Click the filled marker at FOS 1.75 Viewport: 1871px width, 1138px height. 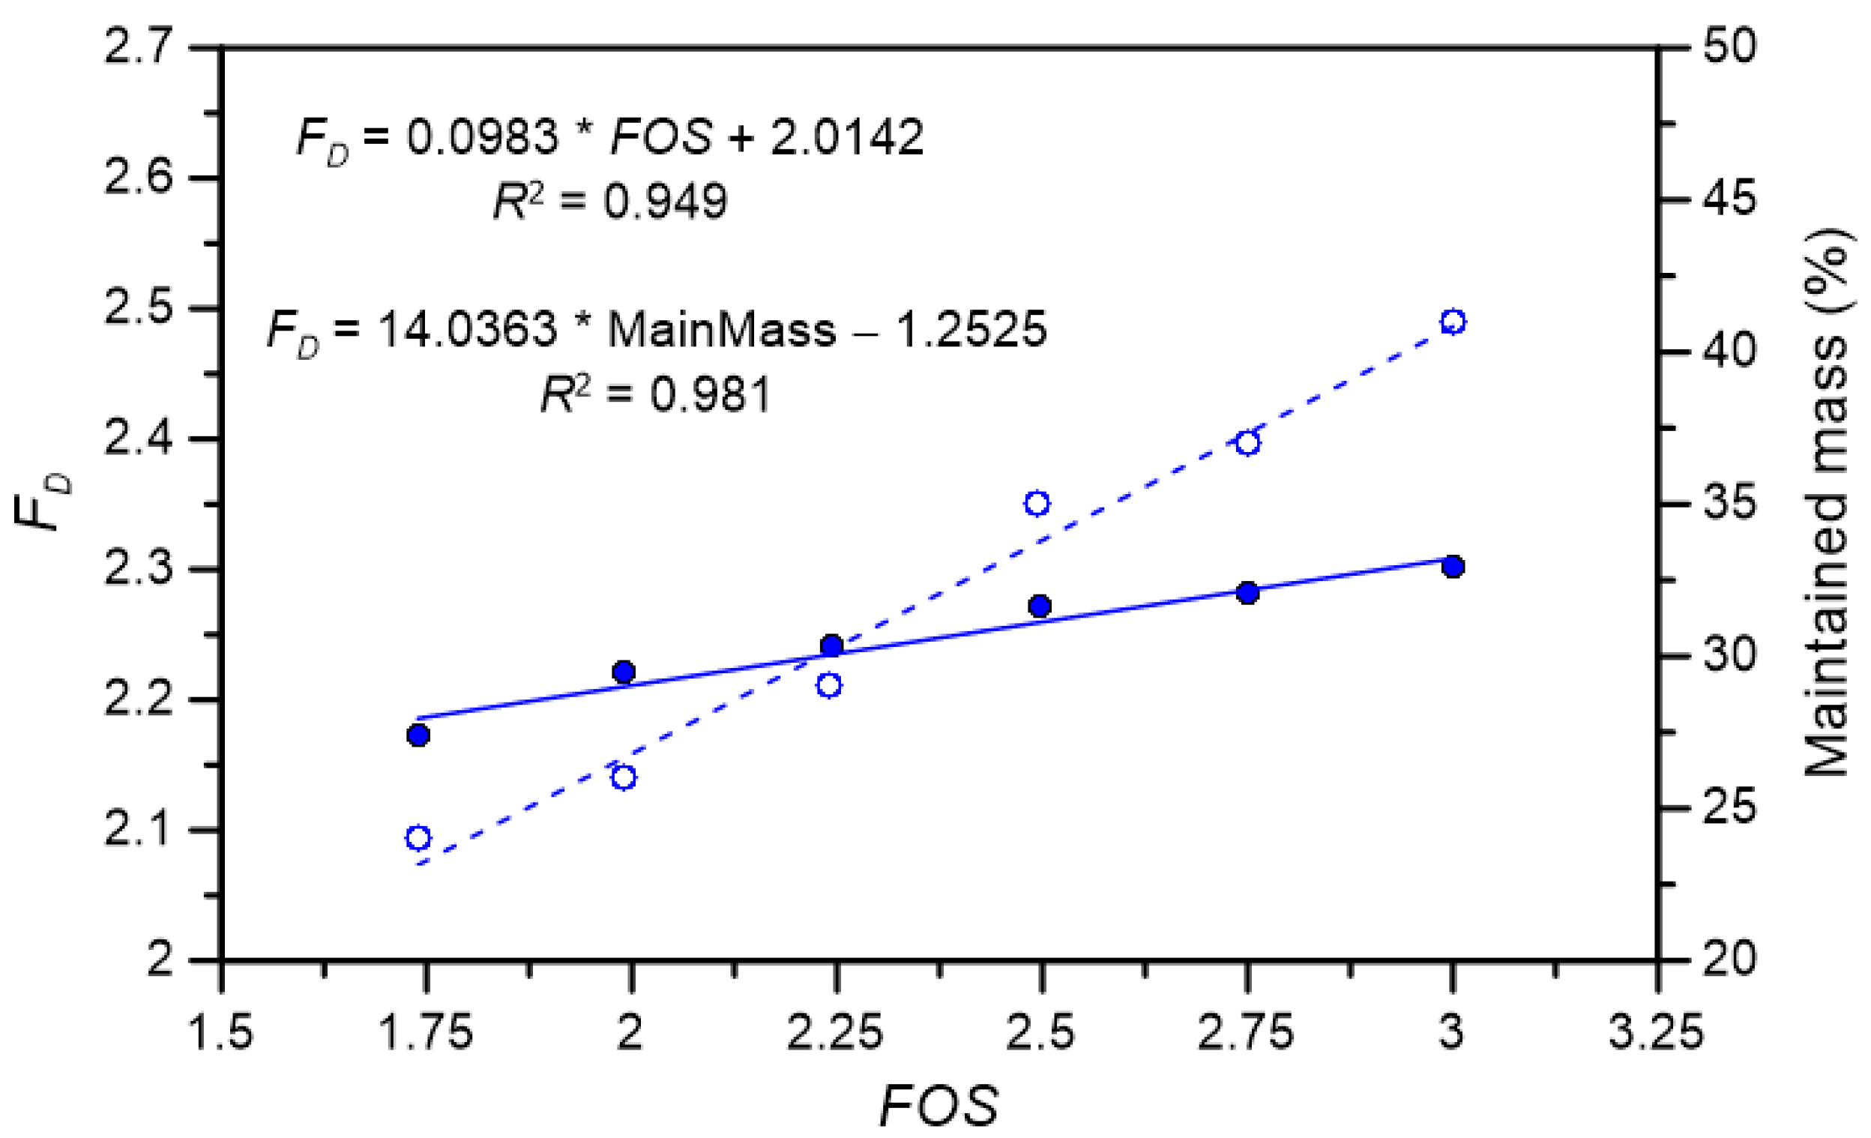tap(418, 735)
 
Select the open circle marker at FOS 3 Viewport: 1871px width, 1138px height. tap(1453, 322)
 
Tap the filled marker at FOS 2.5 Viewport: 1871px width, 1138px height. tap(1040, 606)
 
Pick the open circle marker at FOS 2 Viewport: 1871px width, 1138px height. tap(624, 777)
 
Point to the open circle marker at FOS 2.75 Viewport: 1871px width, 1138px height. tap(1247, 443)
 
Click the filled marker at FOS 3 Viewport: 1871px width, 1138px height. tap(1453, 566)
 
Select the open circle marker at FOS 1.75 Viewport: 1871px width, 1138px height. tap(418, 838)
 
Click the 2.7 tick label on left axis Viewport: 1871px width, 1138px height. tap(137, 46)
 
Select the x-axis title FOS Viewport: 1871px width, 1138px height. tap(939, 1105)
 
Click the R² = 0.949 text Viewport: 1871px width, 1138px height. tap(609, 202)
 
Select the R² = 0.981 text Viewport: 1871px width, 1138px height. tap(655, 395)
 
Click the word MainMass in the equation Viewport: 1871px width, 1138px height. tap(721, 331)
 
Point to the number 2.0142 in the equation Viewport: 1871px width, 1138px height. tap(846, 137)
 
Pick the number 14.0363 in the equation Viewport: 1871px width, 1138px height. tap(467, 331)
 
